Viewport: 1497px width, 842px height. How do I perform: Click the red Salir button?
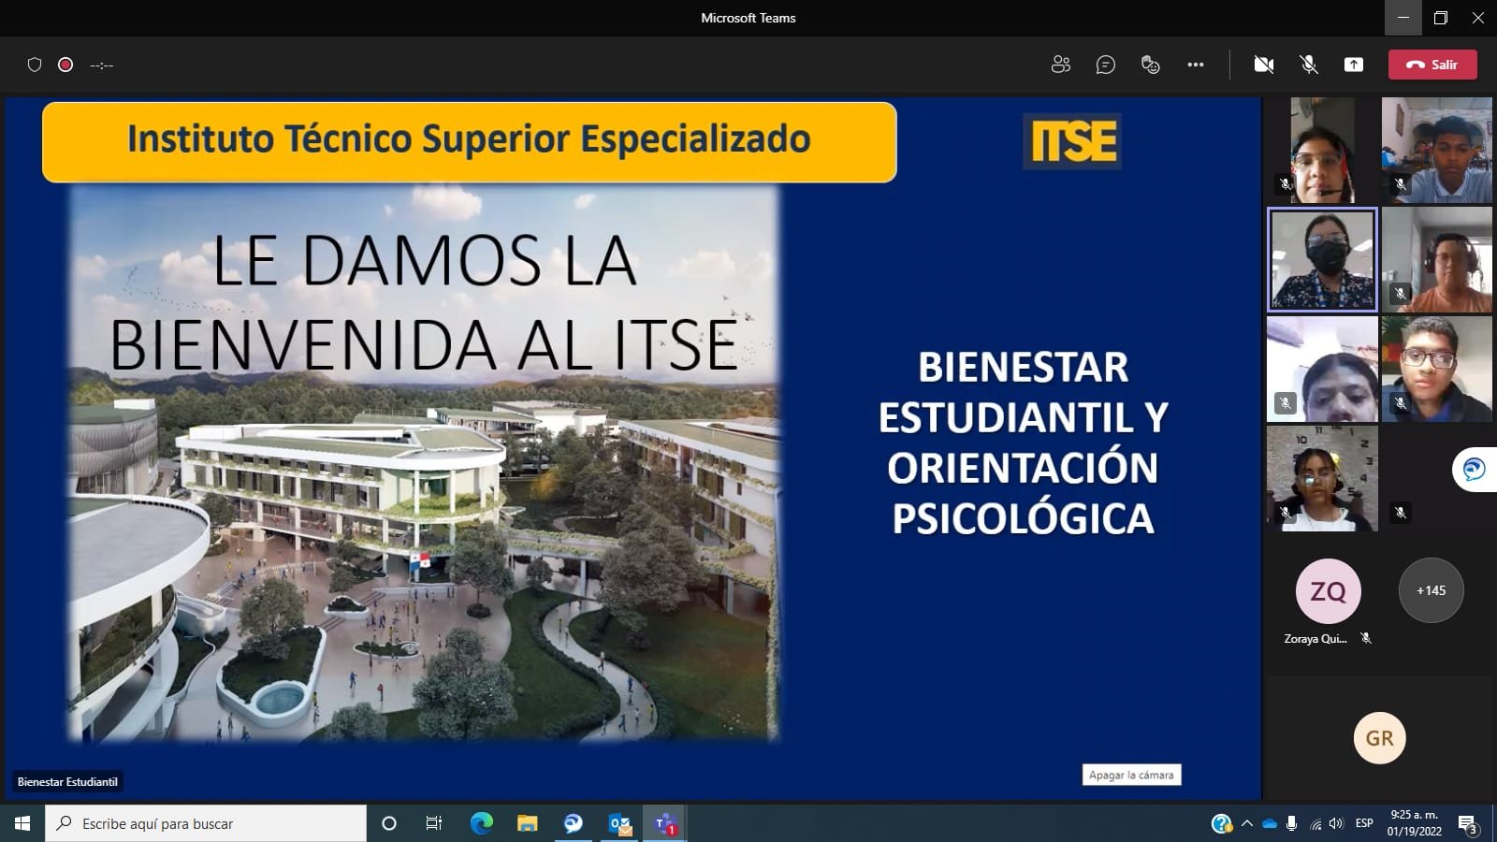point(1432,65)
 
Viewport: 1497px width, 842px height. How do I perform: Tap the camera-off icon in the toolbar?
point(1264,65)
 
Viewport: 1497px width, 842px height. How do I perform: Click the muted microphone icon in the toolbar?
point(1309,65)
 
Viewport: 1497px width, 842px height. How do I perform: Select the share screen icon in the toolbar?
point(1354,65)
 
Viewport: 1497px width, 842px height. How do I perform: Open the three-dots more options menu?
point(1196,65)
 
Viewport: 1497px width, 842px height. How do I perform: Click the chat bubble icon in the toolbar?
point(1106,65)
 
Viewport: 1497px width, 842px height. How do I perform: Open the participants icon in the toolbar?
point(1060,65)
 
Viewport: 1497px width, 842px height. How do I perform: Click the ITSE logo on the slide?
point(1073,142)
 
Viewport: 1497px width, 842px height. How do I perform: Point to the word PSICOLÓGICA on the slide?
point(1023,518)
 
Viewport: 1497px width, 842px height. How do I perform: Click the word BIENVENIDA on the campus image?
point(305,346)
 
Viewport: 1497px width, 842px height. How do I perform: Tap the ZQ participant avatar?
point(1328,591)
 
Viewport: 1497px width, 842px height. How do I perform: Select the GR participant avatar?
point(1379,738)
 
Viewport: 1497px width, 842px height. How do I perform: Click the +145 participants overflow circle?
point(1431,590)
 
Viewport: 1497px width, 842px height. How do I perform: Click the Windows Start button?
point(22,823)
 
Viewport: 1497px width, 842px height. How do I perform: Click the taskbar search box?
point(206,823)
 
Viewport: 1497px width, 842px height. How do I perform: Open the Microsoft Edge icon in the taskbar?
point(482,823)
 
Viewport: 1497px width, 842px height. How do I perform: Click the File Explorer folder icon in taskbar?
point(528,823)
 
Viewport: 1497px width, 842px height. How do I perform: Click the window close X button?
point(1478,18)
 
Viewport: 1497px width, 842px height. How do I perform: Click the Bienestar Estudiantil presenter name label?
point(67,782)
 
